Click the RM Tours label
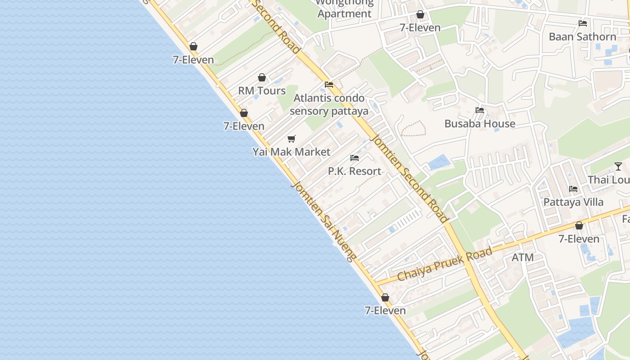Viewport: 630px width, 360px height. (x=262, y=91)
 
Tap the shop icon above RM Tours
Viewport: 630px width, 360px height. (x=262, y=78)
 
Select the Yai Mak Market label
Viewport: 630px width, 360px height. (x=292, y=152)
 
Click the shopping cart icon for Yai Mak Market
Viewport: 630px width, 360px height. (x=292, y=139)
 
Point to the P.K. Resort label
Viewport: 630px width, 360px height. (x=355, y=171)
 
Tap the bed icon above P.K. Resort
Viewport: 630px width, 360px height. (x=355, y=158)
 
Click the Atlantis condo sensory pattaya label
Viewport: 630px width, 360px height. (x=329, y=104)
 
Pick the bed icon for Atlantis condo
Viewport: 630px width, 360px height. (x=329, y=85)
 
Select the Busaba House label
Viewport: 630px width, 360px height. (x=480, y=124)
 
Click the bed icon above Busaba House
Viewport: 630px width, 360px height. (x=480, y=110)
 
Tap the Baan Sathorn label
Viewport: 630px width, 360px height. (x=582, y=37)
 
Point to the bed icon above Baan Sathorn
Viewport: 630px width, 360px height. (x=583, y=23)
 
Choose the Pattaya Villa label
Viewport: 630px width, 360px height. (x=573, y=202)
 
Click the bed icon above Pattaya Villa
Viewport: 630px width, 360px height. (x=573, y=189)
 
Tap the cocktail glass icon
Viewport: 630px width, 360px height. (x=618, y=166)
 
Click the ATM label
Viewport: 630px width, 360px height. (x=523, y=257)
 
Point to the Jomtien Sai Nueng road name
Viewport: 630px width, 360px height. (x=323, y=220)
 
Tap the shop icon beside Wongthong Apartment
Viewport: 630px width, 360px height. (x=420, y=15)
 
